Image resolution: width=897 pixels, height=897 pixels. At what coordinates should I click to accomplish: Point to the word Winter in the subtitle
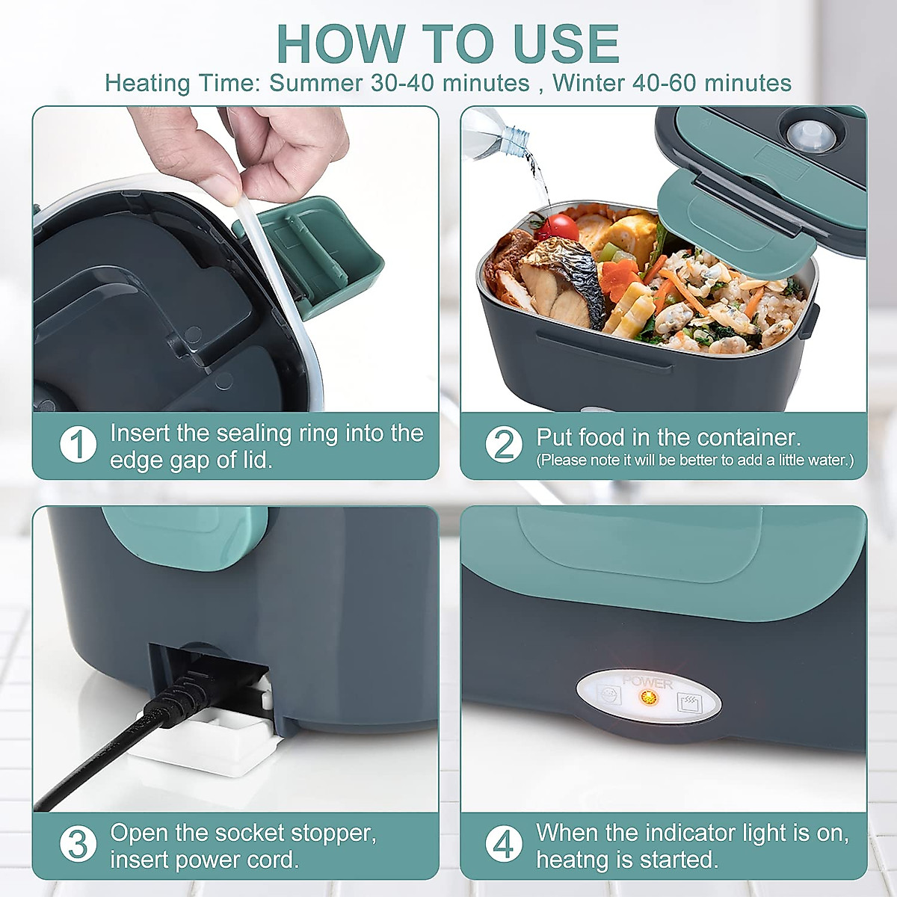589,82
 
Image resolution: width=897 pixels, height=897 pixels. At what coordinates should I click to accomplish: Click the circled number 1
78,445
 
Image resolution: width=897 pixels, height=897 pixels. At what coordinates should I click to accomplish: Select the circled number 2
504,445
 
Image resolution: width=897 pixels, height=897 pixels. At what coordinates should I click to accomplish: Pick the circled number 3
78,845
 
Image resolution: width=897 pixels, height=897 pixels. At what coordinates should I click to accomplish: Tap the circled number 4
504,845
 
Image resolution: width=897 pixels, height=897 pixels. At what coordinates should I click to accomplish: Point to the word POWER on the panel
647,682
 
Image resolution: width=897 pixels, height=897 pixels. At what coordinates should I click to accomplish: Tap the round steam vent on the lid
804,134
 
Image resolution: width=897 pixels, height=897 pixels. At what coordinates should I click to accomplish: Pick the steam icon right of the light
687,702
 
